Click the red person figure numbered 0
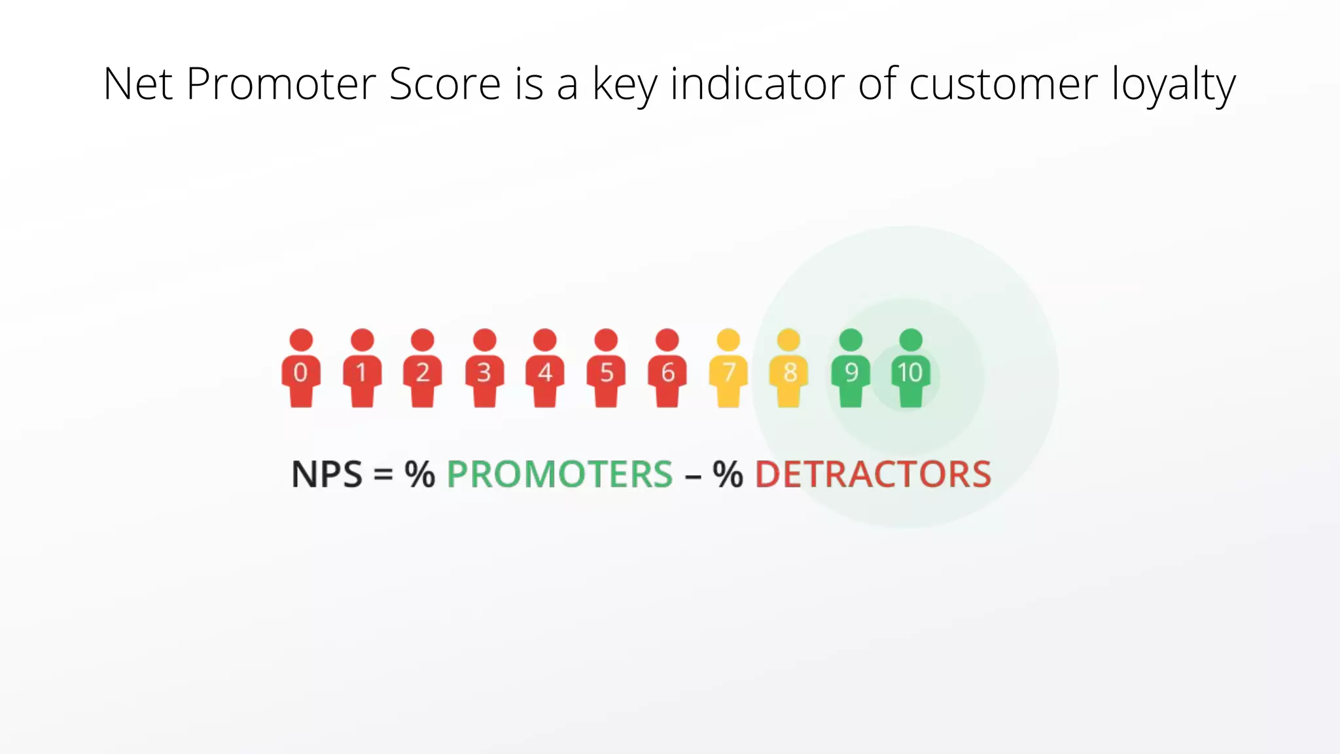pyautogui.click(x=301, y=370)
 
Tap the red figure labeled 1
pyautogui.click(x=362, y=370)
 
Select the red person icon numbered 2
pyautogui.click(x=423, y=370)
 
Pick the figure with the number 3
pyautogui.click(x=484, y=370)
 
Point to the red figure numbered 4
pyautogui.click(x=545, y=370)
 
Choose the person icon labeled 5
pyautogui.click(x=607, y=370)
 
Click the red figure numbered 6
pyautogui.click(x=667, y=370)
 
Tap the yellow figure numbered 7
pyautogui.click(x=728, y=370)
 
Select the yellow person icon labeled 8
pyautogui.click(x=789, y=370)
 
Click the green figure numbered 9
pyautogui.click(x=851, y=370)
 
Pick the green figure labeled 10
pyautogui.click(x=911, y=370)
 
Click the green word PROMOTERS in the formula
pyautogui.click(x=559, y=475)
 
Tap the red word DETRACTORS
pyautogui.click(x=873, y=475)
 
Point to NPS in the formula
pyautogui.click(x=326, y=475)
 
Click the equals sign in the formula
pyautogui.click(x=383, y=475)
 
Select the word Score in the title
pyautogui.click(x=445, y=84)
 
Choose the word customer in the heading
pyautogui.click(x=1003, y=86)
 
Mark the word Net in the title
pyautogui.click(x=137, y=84)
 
